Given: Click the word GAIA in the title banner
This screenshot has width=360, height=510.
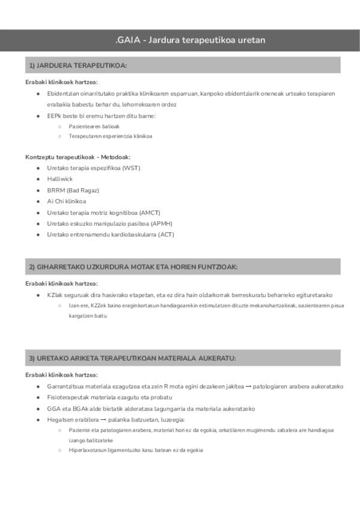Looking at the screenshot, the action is click(x=127, y=40).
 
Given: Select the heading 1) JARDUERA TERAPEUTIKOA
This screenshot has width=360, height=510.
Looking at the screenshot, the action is click(x=78, y=66).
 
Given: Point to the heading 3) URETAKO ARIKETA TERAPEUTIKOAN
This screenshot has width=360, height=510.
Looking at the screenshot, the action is click(x=132, y=358).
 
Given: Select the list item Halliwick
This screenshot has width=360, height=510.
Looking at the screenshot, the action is click(x=60, y=179).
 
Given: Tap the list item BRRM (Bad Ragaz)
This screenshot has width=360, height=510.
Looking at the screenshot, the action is click(x=73, y=190).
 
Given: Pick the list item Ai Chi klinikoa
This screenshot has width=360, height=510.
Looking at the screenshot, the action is click(x=66, y=201).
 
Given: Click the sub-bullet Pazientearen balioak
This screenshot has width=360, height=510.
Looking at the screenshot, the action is click(x=94, y=126).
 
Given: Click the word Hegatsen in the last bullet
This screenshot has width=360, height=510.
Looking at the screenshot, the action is click(x=61, y=420).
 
